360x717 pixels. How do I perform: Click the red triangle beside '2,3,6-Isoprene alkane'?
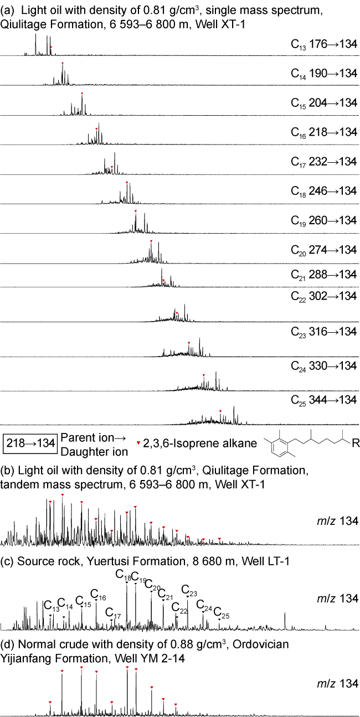(138, 443)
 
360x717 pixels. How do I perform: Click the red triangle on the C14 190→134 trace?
(63, 64)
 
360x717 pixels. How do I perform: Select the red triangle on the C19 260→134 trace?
(135, 212)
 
